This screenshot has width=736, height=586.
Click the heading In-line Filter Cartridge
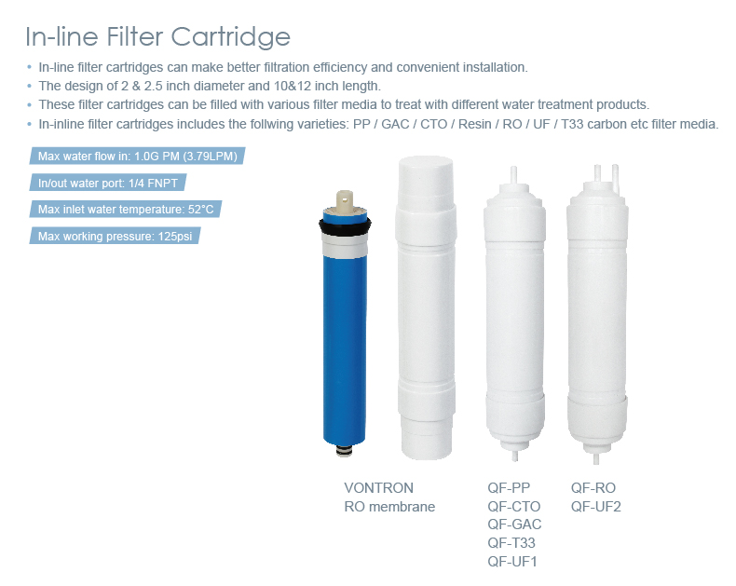157,37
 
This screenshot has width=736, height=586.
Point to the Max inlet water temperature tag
126,210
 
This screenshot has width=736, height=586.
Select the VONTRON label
379,488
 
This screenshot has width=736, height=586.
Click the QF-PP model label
509,488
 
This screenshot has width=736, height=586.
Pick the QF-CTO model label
513,506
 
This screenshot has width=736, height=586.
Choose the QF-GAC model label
514,525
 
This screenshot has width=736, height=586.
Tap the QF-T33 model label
511,542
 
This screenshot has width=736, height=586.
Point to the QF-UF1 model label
512,561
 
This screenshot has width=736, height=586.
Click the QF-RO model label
593,488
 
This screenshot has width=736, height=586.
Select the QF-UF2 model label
596,506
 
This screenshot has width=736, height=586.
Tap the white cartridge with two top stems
596,317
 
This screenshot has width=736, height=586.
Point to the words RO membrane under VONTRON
389,507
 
